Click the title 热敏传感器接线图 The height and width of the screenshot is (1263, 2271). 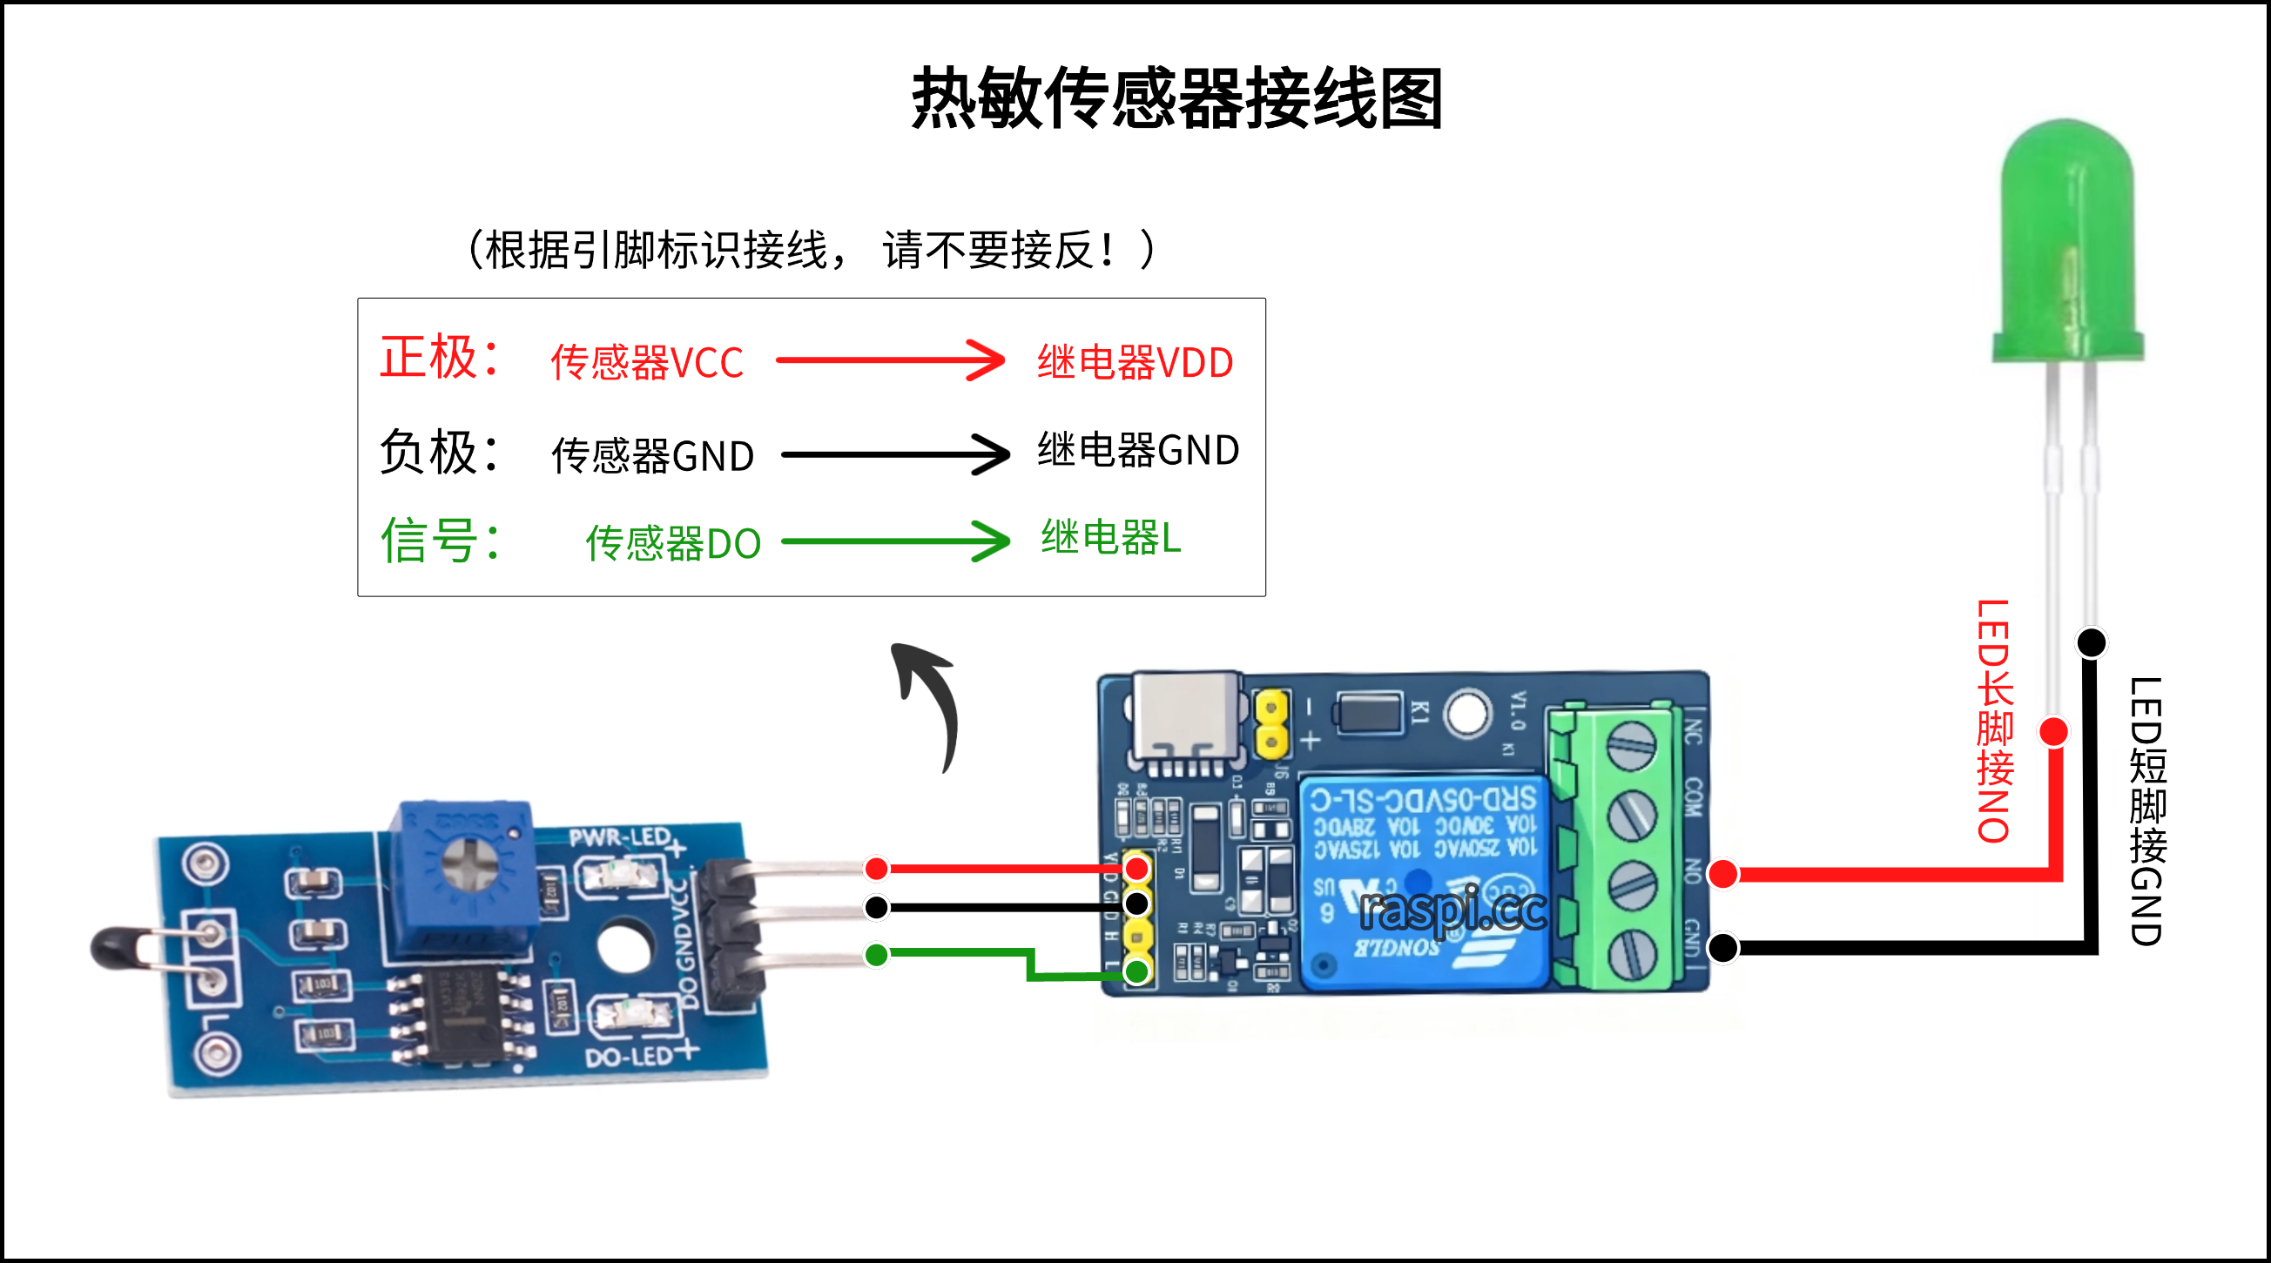1176,98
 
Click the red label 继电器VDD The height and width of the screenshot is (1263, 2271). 1135,362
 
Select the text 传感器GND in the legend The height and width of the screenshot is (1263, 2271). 652,455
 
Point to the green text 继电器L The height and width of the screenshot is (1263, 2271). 1110,538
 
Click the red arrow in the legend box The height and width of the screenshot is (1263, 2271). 891,359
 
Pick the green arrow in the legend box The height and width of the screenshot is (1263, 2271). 895,541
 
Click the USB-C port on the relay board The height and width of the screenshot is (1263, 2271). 1186,718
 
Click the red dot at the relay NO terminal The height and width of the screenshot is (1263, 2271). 1722,874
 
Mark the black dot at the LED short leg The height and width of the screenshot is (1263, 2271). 2091,642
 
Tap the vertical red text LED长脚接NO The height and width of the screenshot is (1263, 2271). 1994,721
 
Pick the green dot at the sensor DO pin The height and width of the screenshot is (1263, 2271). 876,955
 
